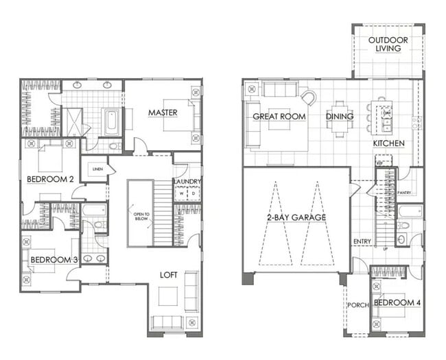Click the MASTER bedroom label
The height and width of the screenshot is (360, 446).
[163, 112]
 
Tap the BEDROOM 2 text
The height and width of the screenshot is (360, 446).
[50, 179]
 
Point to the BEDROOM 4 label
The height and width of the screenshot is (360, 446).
[397, 302]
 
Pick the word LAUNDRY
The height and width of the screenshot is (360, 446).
[187, 182]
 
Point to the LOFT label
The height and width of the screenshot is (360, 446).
[169, 274]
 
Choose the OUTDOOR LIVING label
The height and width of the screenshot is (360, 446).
[388, 45]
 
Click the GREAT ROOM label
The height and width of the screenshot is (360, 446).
[279, 117]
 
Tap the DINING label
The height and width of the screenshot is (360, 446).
[340, 117]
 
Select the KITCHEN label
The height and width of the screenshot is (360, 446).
[388, 144]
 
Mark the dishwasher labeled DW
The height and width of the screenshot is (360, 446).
[386, 113]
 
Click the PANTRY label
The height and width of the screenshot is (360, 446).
[404, 193]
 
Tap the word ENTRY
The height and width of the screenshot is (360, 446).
[362, 241]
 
